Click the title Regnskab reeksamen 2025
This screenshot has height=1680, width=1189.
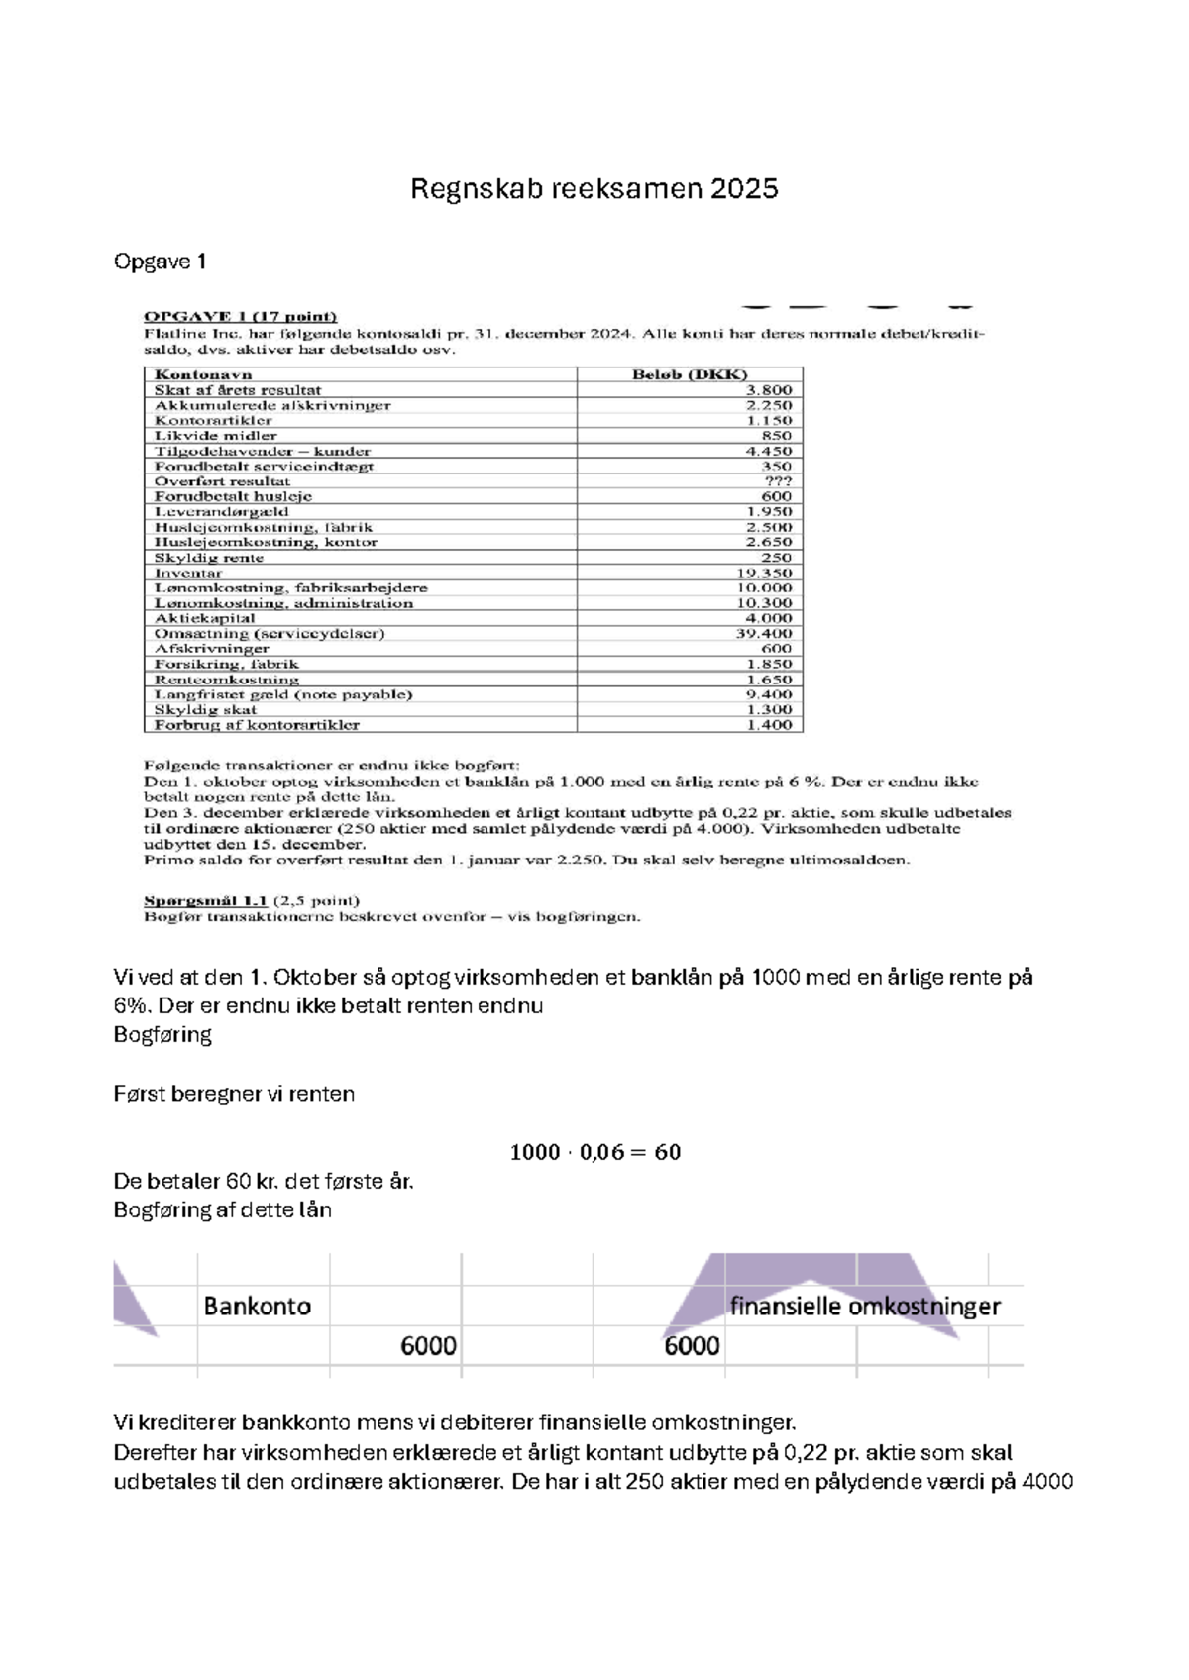tap(594, 189)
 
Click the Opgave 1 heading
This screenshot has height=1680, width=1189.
tap(161, 262)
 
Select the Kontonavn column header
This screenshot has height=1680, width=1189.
tap(203, 374)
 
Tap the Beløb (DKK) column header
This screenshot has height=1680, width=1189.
tap(690, 374)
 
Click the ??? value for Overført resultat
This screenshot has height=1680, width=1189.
tap(778, 481)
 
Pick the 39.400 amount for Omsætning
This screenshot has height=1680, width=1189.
tap(763, 633)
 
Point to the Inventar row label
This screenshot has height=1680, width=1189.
tap(188, 573)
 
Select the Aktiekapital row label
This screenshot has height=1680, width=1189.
tap(204, 618)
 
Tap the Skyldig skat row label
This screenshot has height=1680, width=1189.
tap(205, 709)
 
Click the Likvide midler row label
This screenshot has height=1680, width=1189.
tap(215, 436)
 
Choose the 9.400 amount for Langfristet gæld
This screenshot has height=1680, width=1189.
tap(769, 694)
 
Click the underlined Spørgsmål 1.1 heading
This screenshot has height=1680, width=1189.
tap(206, 901)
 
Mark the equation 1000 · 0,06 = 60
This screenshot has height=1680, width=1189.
tap(594, 1152)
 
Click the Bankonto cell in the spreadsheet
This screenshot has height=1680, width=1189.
tap(258, 1307)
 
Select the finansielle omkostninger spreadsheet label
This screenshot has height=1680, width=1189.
tap(864, 1307)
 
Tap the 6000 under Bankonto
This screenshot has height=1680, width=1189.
tap(428, 1346)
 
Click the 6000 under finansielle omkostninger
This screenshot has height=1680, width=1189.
tap(692, 1346)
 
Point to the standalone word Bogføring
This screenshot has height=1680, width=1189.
tap(162, 1035)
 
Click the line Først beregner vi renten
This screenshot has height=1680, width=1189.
tap(234, 1094)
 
